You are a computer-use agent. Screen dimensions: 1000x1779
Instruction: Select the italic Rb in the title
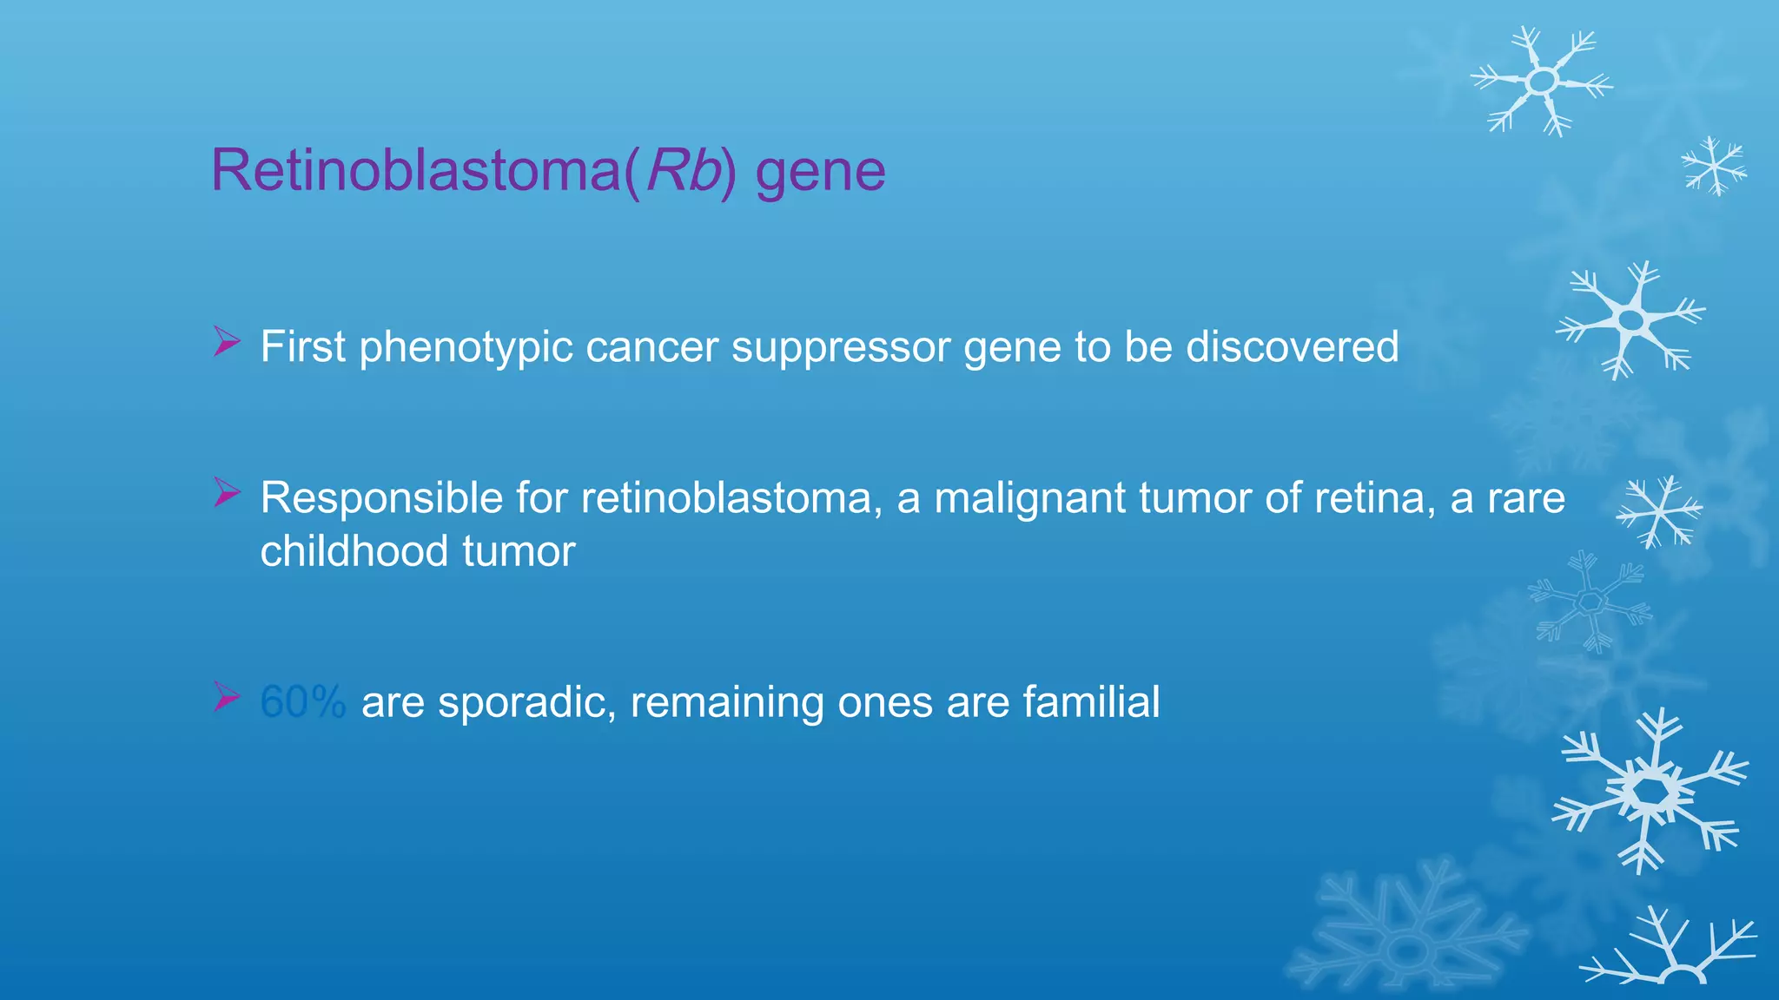coord(683,170)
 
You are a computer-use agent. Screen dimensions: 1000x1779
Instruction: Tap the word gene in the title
coord(820,172)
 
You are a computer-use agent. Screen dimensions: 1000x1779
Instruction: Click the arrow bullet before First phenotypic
coord(226,341)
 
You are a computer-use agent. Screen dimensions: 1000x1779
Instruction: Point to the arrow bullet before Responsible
coord(226,492)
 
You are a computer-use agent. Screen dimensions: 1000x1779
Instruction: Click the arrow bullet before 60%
coord(226,696)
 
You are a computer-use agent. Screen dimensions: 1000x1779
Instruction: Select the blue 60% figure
coord(302,701)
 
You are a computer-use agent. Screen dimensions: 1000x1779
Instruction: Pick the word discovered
coord(1292,346)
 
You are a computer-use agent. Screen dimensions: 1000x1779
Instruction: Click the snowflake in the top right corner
coord(1543,82)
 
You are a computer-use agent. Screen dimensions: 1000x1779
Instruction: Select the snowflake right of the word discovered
coord(1631,319)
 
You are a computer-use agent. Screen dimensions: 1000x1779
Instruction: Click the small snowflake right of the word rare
coord(1659,512)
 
